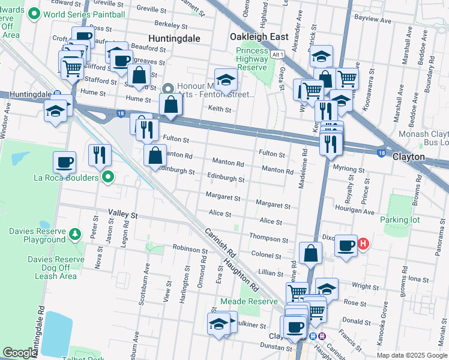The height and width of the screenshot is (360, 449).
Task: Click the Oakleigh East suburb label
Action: tap(259, 37)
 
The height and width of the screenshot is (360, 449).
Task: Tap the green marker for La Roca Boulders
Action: tap(108, 177)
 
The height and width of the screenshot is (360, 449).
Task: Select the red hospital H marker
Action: tap(363, 244)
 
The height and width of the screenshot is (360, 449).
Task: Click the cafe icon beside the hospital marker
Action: tap(346, 245)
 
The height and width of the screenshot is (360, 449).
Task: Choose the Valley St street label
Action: tap(123, 214)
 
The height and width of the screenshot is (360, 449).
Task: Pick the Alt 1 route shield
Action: tap(277, 55)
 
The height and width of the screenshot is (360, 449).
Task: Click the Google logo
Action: tap(20, 353)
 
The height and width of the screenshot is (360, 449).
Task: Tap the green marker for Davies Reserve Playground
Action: tap(75, 233)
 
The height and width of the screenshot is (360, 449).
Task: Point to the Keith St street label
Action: tap(220, 109)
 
